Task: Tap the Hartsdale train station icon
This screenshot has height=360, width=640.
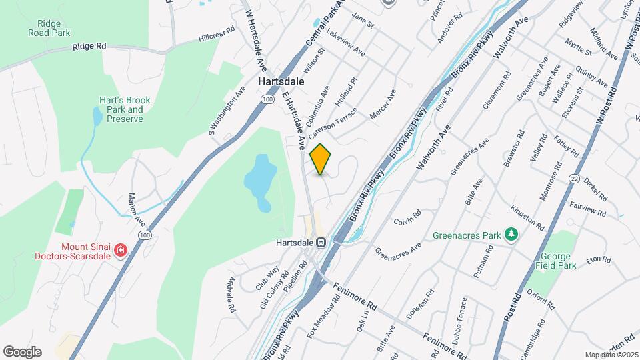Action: pyautogui.click(x=321, y=242)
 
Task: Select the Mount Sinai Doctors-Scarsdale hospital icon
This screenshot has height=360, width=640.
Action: pyautogui.click(x=121, y=250)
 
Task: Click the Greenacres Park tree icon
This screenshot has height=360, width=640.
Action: pyautogui.click(x=511, y=234)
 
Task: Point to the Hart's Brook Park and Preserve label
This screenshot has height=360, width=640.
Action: pyautogui.click(x=125, y=109)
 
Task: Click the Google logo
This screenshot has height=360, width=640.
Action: pyautogui.click(x=21, y=351)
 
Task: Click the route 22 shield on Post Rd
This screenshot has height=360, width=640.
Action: pyautogui.click(x=573, y=178)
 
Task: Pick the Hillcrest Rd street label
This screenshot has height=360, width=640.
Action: pyautogui.click(x=217, y=35)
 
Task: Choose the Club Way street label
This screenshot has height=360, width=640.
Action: pyautogui.click(x=267, y=279)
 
